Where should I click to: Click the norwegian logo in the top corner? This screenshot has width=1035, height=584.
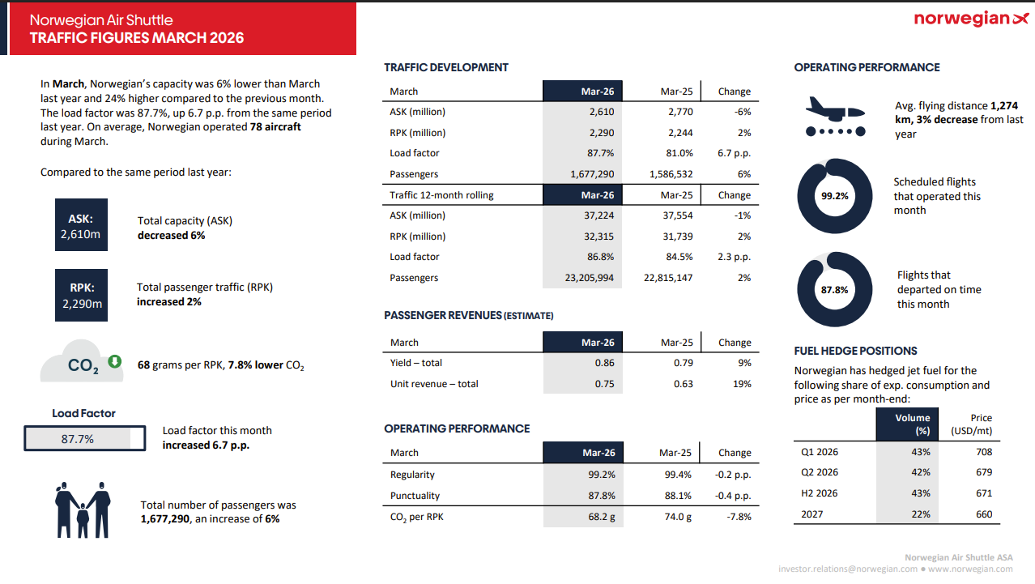[x=971, y=19]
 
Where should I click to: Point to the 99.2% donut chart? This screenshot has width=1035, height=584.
[x=835, y=196]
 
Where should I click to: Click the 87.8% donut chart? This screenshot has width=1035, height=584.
[x=835, y=289]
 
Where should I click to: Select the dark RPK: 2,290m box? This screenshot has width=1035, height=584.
[x=81, y=296]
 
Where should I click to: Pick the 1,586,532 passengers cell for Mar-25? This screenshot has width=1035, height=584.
[x=671, y=174]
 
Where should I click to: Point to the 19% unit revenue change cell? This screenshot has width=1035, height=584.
[x=741, y=384]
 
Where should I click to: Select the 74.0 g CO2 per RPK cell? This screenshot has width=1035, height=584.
[x=677, y=517]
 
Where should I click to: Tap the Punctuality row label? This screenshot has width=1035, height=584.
[x=415, y=496]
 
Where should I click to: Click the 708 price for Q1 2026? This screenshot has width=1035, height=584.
[x=983, y=452]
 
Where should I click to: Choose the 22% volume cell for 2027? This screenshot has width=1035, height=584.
[x=921, y=514]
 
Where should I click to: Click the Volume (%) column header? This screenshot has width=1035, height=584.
[x=913, y=424]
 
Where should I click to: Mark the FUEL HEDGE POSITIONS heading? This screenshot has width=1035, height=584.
[x=855, y=351]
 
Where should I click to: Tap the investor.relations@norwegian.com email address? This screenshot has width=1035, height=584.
[x=846, y=569]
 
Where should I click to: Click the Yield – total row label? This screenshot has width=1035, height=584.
[x=415, y=363]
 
